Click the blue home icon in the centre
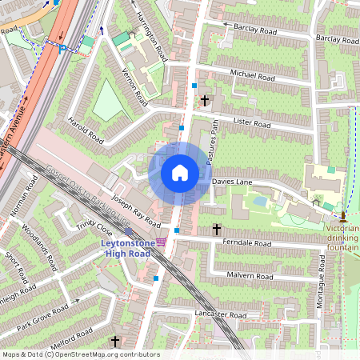(180, 173)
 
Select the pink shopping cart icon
(162, 242)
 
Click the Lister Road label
(252, 124)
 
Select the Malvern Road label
(250, 277)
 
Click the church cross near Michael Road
(206, 101)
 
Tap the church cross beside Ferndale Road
(216, 230)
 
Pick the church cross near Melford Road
(114, 341)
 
